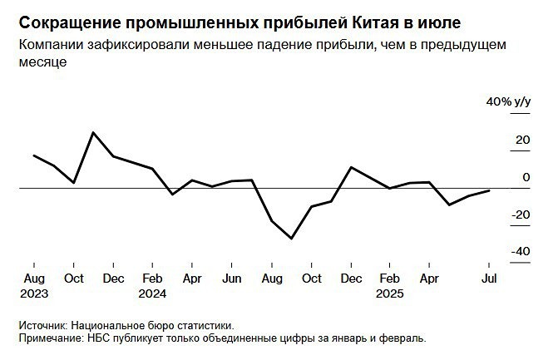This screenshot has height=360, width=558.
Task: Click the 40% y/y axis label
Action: (508, 102)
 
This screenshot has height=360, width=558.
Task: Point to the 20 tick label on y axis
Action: (522, 141)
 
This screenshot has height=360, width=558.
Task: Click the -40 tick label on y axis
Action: (521, 252)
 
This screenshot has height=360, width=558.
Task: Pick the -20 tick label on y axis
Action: (521, 215)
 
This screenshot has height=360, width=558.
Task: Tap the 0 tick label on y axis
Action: (526, 177)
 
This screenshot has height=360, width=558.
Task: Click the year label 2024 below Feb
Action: (152, 293)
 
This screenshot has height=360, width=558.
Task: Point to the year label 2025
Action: (389, 293)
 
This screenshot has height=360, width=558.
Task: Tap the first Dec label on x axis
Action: (113, 279)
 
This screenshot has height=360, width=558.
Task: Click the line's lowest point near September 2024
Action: (292, 239)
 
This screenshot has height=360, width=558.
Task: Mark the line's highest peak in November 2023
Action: (93, 132)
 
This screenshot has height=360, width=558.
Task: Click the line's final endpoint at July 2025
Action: (489, 190)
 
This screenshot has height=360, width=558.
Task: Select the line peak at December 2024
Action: (351, 167)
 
